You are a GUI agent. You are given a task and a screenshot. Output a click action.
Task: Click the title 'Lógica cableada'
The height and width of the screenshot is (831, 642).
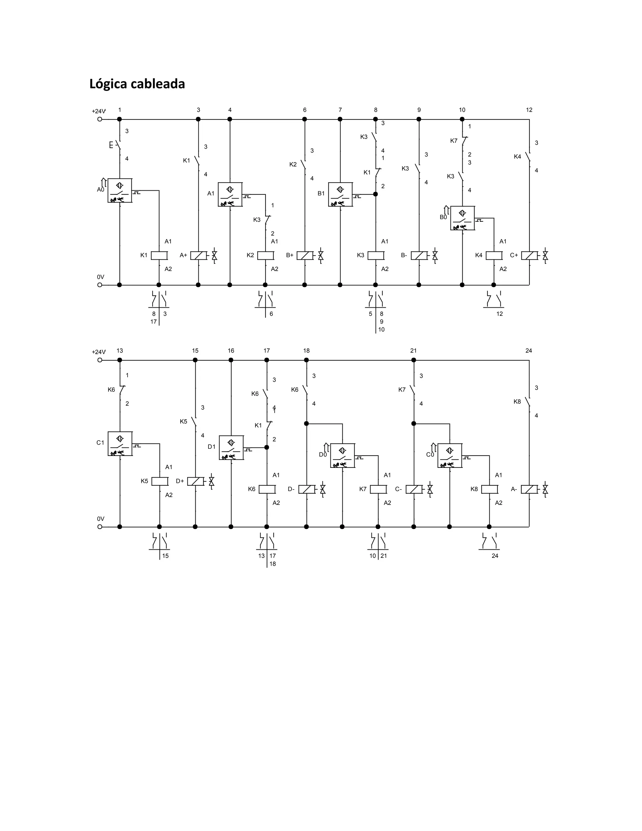point(137,84)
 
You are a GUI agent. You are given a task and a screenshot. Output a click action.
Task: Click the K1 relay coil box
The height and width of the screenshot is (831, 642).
point(159,255)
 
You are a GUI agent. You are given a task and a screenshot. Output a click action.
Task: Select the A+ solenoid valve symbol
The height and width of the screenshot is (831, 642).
point(198,255)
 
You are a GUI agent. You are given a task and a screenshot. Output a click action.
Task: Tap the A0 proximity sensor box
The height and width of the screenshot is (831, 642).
point(120,190)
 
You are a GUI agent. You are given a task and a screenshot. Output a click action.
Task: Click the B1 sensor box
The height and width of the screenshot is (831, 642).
point(340,194)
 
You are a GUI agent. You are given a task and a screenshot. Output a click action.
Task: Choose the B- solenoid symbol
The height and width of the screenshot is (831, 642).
point(419,255)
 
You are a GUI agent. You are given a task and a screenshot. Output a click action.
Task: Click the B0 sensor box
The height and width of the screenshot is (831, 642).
point(462,218)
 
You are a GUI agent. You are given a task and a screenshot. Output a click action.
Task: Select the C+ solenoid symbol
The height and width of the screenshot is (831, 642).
point(529,255)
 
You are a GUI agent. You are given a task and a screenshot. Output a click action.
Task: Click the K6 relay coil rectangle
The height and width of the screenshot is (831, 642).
point(267,489)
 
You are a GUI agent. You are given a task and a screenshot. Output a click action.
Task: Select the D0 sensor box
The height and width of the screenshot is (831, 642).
point(343,455)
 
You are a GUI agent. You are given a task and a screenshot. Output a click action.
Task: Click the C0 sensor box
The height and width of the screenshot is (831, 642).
point(450,455)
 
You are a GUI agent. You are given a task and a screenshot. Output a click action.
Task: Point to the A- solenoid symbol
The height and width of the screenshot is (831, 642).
point(529,489)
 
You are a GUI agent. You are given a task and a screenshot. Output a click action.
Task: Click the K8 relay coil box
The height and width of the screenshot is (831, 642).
point(489,489)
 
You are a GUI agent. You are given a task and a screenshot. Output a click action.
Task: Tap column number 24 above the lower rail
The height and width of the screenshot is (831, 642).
point(529,351)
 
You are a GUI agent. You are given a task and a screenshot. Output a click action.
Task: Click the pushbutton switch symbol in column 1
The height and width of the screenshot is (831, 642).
point(118,145)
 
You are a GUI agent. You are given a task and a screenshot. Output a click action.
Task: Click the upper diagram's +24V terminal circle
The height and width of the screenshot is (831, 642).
point(100,119)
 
